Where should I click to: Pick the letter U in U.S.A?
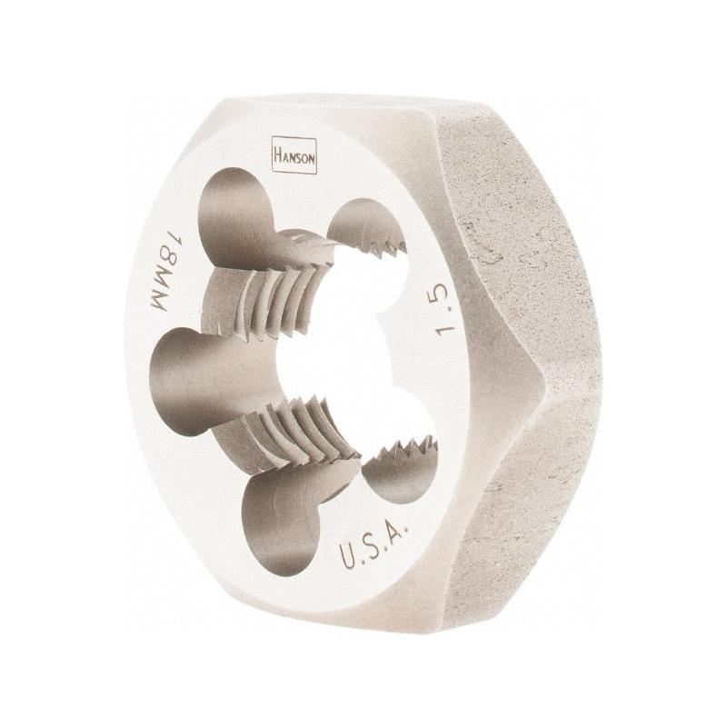350,555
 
